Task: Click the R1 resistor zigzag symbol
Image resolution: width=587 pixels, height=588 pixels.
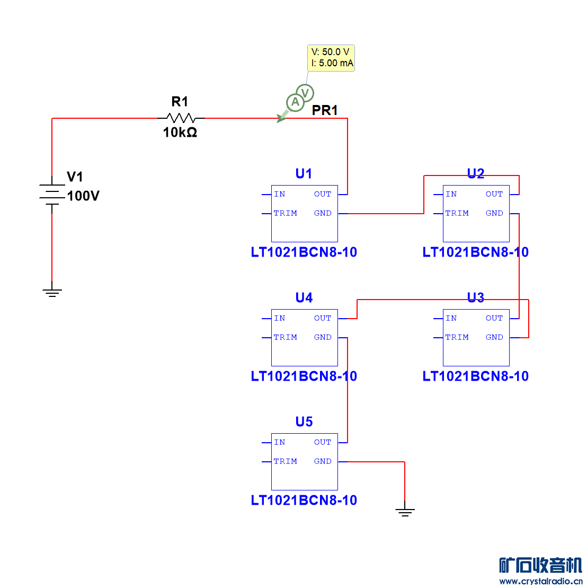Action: pos(181,118)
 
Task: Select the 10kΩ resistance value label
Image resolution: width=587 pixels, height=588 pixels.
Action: pos(180,133)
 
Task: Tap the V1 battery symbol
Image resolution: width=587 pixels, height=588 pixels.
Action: pos(51,195)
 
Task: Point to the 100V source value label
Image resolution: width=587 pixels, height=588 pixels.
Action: pos(83,196)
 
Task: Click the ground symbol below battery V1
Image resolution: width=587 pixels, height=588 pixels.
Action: pos(52,292)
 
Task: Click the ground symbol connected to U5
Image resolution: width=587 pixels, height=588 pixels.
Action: pos(405,512)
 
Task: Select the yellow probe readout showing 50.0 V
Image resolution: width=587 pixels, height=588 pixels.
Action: pos(331,58)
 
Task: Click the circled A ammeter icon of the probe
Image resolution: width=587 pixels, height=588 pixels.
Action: pos(295,102)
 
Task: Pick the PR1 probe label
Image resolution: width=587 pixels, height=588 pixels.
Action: pos(325,110)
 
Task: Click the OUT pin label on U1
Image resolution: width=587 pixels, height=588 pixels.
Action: pos(323,194)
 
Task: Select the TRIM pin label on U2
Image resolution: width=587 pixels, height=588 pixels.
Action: pos(457,213)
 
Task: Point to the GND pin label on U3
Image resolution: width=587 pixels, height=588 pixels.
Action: pos(494,337)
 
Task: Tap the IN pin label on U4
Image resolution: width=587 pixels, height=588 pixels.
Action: pos(280,318)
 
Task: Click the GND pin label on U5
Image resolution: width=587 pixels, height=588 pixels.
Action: pos(323,461)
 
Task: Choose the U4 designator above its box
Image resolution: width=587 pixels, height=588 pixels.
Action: pos(304,298)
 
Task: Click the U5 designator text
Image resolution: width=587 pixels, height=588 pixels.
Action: pos(304,422)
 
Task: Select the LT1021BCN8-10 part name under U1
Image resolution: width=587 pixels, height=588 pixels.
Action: pos(304,252)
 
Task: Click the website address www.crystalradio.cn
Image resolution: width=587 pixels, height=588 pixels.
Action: pos(540,581)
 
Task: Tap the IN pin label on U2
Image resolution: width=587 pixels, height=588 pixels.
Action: pos(451,194)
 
